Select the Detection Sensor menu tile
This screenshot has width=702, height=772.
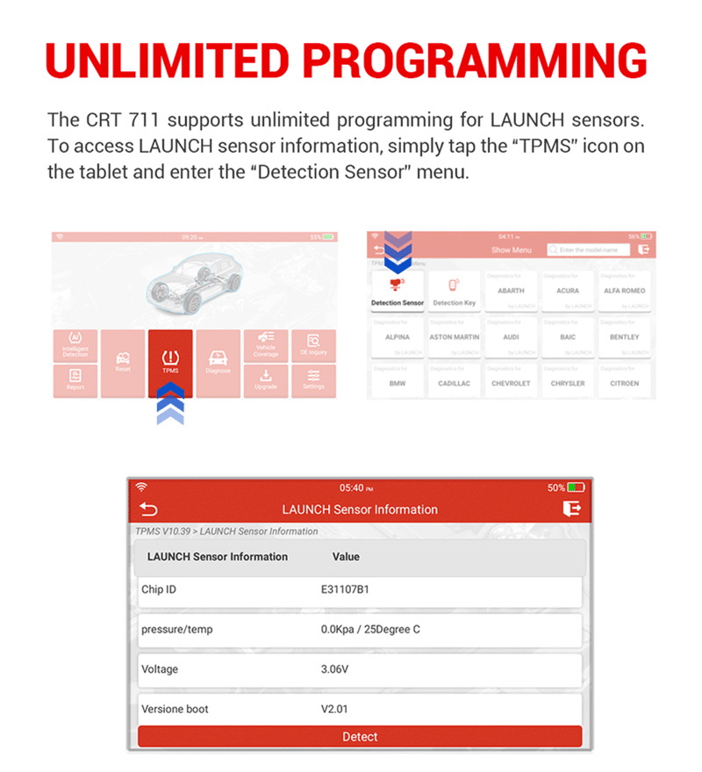[x=398, y=291]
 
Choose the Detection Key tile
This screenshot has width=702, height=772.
[x=454, y=291]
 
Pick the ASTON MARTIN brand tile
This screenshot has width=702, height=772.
[x=454, y=337]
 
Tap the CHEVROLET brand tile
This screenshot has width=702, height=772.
[x=511, y=383]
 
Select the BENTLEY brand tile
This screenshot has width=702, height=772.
[x=624, y=337]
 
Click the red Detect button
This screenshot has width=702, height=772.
[x=360, y=737]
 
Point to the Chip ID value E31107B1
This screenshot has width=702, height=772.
[x=345, y=589]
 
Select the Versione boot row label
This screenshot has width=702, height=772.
[x=175, y=709]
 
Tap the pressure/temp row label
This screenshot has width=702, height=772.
[x=176, y=629]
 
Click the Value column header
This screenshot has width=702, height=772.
[x=346, y=557]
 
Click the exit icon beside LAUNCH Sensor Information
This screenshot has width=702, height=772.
[x=571, y=509]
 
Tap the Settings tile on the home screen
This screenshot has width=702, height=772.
[x=313, y=379]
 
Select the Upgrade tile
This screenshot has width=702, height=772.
[x=266, y=379]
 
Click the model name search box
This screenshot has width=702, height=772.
[x=588, y=250]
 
